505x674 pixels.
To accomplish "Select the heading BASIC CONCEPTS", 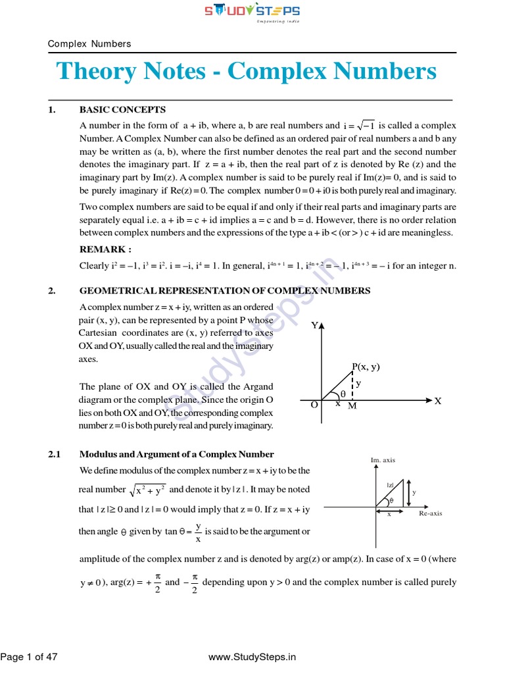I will (x=122, y=110).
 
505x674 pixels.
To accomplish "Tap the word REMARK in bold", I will (x=105, y=249).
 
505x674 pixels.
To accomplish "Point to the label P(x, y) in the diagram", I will (x=366, y=367).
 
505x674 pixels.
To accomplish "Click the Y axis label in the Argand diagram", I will (x=314, y=326).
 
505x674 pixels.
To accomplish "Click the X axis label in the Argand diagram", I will (x=437, y=401).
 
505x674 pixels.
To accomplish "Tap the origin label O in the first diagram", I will (x=314, y=405).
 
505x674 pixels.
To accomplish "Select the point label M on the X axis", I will (x=352, y=407).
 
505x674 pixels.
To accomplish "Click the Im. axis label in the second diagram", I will (x=383, y=460).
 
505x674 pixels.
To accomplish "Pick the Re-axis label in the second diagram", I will (x=431, y=513).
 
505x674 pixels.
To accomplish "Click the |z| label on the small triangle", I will (x=390, y=485).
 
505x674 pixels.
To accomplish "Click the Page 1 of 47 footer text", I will (x=29, y=656).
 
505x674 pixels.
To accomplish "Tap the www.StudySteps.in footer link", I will (x=252, y=656).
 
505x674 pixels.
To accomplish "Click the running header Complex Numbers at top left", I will (x=89, y=44).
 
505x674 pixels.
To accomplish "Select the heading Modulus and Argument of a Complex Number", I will (x=176, y=454).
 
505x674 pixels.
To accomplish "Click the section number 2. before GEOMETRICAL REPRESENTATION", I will (x=52, y=290).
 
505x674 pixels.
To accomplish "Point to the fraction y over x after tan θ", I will (x=198, y=532).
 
